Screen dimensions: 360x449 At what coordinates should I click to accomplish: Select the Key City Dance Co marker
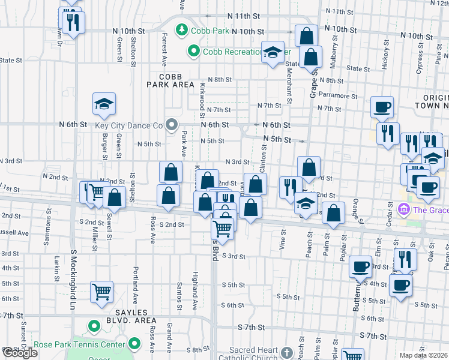pos(172,125)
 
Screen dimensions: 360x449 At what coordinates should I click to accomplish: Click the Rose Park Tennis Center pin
pos(134,344)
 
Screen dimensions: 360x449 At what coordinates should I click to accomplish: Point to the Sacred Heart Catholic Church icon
pos(286,351)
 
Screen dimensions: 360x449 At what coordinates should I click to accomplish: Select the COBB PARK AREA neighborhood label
pos(170,81)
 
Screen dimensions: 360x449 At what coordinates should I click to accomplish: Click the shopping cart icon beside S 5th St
pos(101,292)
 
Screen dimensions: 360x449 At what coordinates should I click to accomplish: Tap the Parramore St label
pos(338,95)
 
